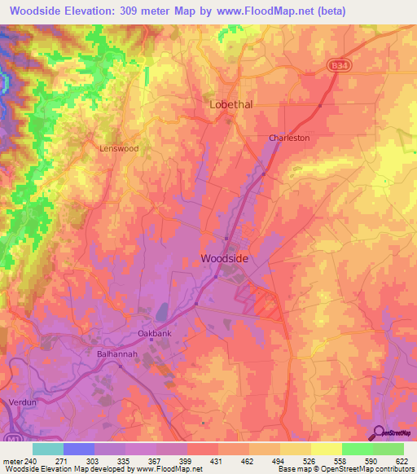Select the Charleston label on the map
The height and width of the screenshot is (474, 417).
(289, 138)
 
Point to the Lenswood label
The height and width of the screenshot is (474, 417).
(119, 149)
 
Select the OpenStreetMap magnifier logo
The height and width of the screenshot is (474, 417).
(377, 432)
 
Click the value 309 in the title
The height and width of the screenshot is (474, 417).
(130, 11)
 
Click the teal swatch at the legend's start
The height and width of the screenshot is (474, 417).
(47, 449)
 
